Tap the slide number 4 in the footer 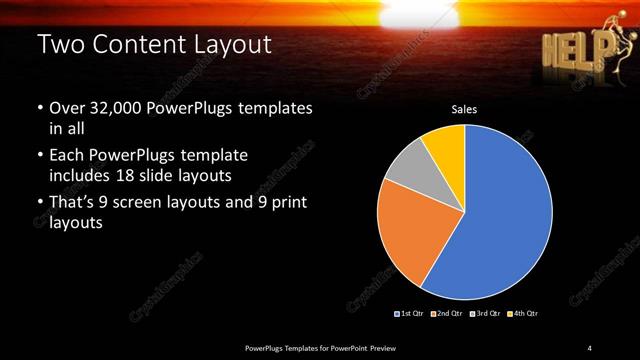pos(590,347)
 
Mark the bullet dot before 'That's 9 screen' pos(39,203)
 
